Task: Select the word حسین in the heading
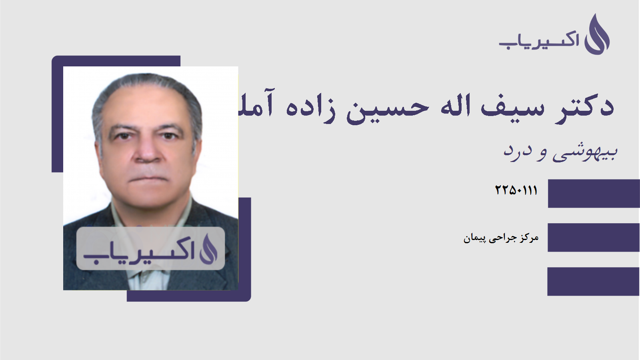[388, 108]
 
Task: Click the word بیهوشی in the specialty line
[585, 152]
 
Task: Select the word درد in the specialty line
[518, 151]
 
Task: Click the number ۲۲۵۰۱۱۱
[516, 190]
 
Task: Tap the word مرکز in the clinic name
[529, 238]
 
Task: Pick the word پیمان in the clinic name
[474, 238]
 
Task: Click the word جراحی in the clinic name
[502, 238]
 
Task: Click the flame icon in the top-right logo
[597, 35]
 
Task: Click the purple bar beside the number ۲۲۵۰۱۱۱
[594, 194]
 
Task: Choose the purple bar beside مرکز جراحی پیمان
[594, 238]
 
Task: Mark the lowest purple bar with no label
[594, 282]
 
